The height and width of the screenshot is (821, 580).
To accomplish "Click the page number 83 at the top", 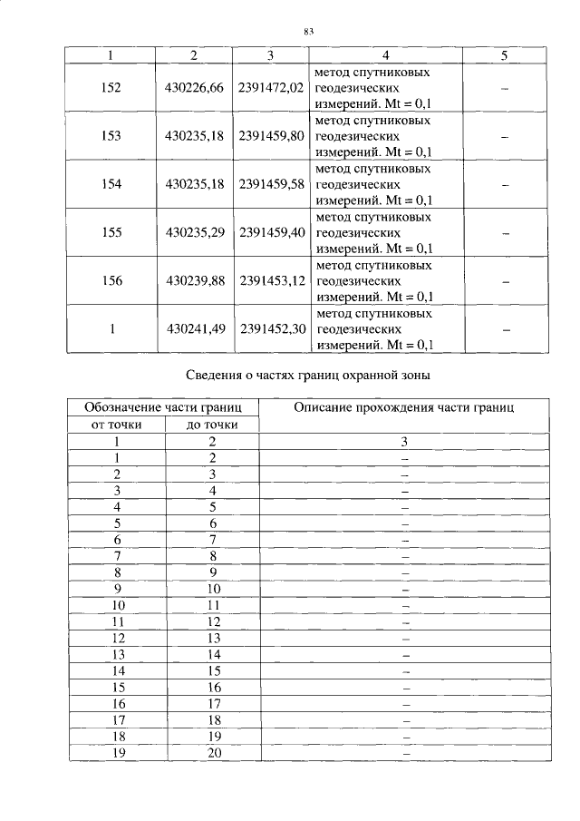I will (308, 32).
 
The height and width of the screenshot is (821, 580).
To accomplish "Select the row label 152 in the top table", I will (111, 88).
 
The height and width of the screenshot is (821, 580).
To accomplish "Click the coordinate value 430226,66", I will (194, 88).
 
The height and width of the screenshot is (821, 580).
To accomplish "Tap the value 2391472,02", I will (270, 88).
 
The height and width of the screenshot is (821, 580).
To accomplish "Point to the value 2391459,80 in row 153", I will (270, 136).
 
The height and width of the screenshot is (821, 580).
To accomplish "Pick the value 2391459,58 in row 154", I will (270, 184).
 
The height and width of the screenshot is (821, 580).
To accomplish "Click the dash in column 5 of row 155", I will (504, 233).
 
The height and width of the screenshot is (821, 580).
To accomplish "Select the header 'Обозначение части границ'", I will (163, 407).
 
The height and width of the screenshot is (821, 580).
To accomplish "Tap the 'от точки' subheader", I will (117, 425).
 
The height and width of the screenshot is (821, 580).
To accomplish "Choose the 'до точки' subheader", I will (212, 425).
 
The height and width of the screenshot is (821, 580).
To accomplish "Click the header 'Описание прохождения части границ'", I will (404, 407).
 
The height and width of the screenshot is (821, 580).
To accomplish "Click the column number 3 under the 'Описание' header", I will (405, 442).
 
